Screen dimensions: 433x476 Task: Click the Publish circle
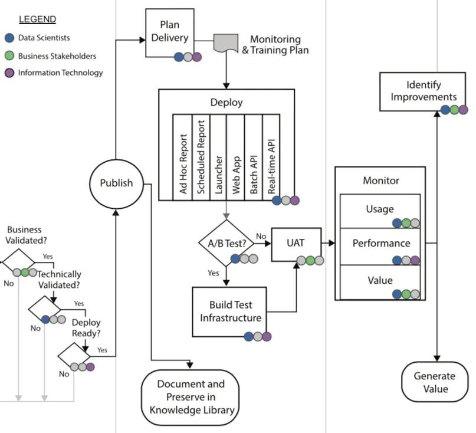pos(116,183)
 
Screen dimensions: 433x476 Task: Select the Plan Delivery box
pos(169,33)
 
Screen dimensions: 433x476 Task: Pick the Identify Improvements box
pos(424,91)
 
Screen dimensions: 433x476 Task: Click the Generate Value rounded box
pos(434,382)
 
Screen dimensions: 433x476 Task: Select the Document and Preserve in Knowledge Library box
pos(192,397)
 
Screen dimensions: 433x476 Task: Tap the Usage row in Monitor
pos(380,211)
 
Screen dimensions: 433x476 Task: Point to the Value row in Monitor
pos(380,282)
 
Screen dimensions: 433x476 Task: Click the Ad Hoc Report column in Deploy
pos(183,156)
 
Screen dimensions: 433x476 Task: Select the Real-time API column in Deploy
pos(272,156)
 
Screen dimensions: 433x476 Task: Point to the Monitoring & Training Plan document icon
pos(225,42)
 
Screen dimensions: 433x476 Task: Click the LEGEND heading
pos(37,19)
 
